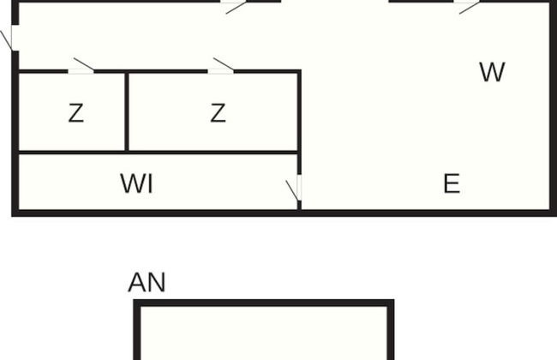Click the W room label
492,72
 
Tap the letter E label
452,183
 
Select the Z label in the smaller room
76,113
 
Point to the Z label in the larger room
218,113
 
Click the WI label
137,183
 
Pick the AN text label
147,283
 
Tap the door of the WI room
294,188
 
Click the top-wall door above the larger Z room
233,7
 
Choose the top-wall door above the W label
467,7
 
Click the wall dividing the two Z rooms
127,112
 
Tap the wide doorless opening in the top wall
335,2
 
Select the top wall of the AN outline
264,303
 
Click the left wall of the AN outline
137,330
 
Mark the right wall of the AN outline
391,330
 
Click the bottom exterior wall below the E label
426,213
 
